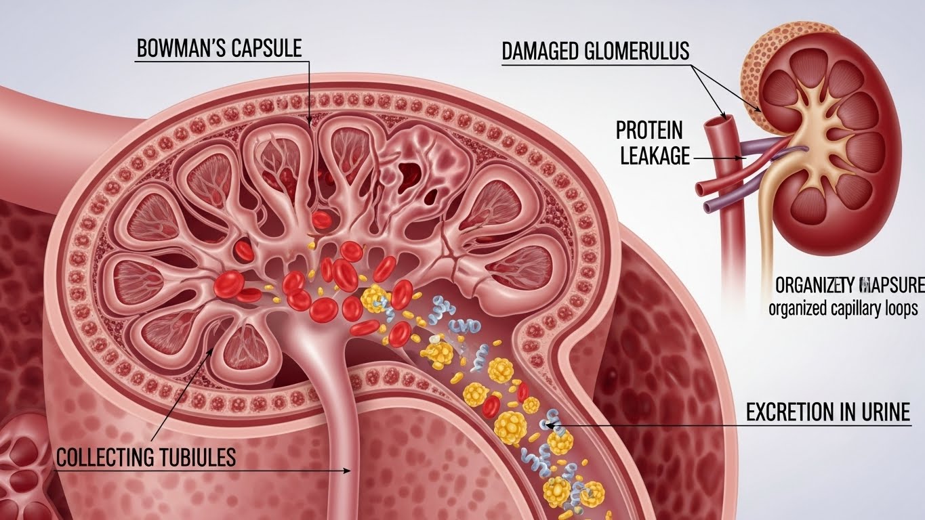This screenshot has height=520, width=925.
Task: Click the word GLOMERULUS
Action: point(640,51)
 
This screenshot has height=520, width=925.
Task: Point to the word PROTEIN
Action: point(649,129)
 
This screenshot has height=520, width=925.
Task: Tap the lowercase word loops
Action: point(899,309)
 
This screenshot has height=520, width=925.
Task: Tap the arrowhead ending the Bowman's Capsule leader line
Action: point(310,124)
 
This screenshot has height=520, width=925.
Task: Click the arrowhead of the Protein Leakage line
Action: point(747,158)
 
